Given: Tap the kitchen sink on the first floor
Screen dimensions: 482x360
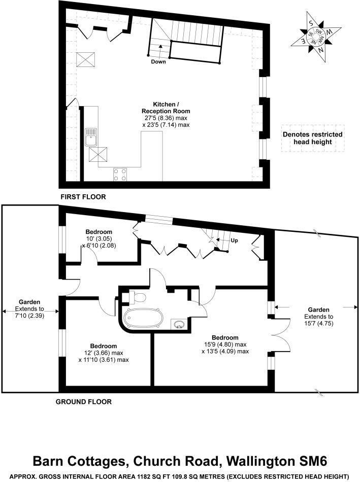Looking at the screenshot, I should [x=92, y=137].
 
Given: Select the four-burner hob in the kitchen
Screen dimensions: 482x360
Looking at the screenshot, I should [x=120, y=175].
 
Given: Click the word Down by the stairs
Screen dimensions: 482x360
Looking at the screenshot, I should [x=158, y=62].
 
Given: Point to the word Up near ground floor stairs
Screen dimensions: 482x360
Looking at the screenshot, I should [x=234, y=240].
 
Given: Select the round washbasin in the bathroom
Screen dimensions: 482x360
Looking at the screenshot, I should [x=178, y=325].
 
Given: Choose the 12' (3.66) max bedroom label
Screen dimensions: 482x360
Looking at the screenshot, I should [x=104, y=353].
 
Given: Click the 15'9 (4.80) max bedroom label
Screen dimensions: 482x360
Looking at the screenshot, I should [x=225, y=344].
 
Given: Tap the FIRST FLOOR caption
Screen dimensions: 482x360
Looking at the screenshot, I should [x=83, y=197].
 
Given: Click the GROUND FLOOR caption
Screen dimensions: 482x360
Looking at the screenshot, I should [x=83, y=402].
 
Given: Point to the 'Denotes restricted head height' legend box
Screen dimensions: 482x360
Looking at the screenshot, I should [x=312, y=138].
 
